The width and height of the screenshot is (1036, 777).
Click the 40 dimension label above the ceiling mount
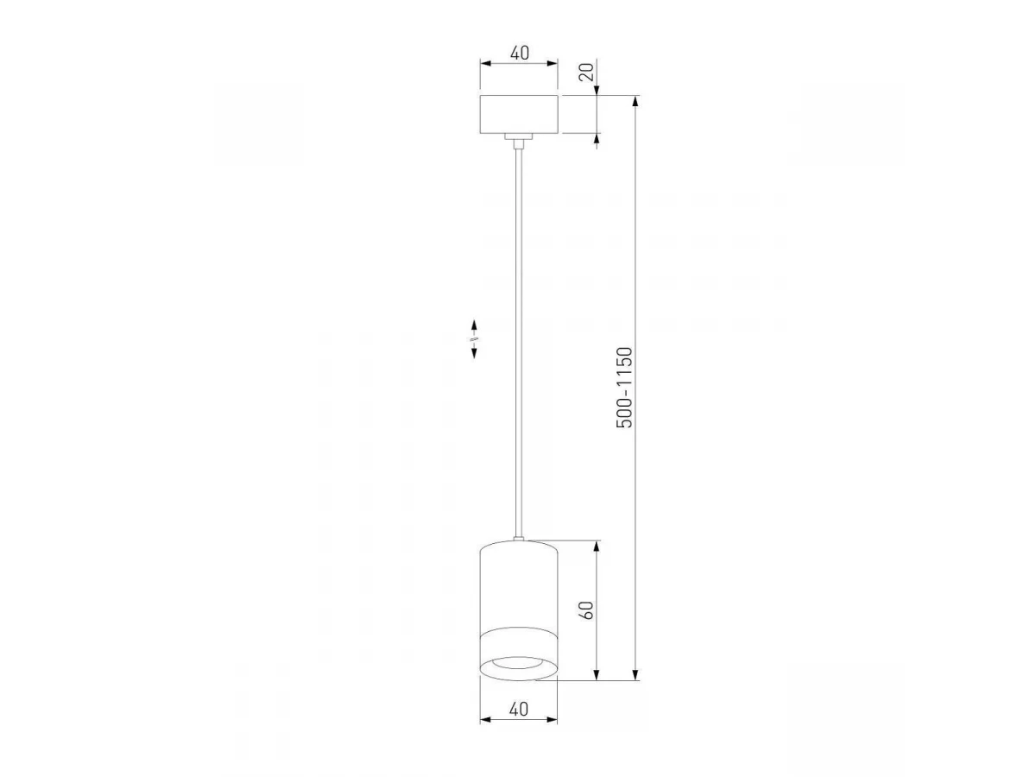click(519, 53)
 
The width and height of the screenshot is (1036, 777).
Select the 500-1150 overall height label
click(624, 388)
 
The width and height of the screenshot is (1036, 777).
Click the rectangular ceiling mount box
click(519, 114)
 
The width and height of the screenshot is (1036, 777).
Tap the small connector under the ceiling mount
click(519, 141)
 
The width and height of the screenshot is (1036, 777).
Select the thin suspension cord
click(519, 343)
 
